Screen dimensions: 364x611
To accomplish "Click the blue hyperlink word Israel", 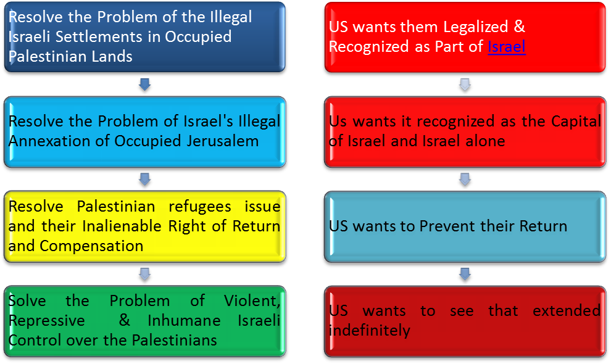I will click(x=507, y=46).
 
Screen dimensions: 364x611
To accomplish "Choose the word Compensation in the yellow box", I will click(x=92, y=246).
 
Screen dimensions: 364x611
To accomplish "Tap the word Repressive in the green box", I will click(x=47, y=320).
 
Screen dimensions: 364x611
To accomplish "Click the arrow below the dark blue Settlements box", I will click(x=144, y=84).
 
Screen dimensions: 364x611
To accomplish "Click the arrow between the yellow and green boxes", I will click(x=144, y=272).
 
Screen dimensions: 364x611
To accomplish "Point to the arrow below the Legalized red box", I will click(x=465, y=84).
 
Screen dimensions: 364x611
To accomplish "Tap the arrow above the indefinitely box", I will click(x=465, y=272).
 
